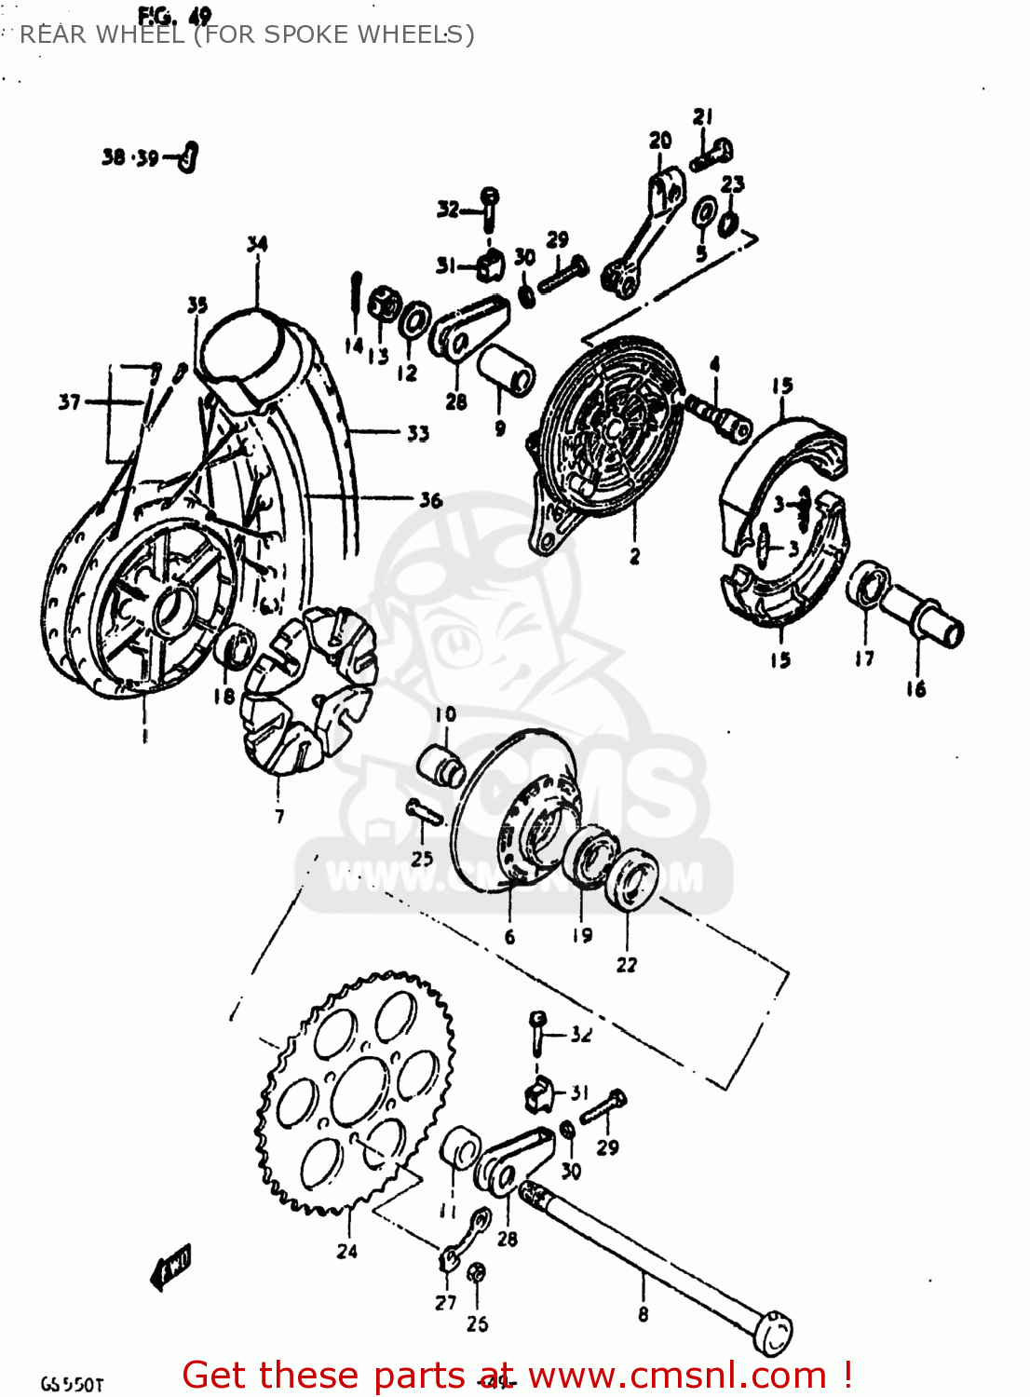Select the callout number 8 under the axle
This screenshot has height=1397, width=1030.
[x=643, y=1314]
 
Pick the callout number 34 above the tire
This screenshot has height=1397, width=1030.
[x=257, y=244]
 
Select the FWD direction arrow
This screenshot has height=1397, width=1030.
[x=171, y=1266]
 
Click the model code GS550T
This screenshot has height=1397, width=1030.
[x=72, y=1384]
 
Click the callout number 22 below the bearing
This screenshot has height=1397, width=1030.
[x=627, y=964]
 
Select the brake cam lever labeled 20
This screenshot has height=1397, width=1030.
[x=643, y=233]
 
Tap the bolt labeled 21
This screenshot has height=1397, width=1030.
[x=712, y=154]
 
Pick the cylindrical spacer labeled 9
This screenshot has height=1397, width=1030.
[x=507, y=370]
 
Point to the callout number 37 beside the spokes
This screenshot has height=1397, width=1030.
[x=69, y=402]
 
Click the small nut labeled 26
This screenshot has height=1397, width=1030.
[x=476, y=1273]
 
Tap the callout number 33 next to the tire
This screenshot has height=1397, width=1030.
[x=417, y=433]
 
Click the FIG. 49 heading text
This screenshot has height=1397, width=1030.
[x=174, y=16]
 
